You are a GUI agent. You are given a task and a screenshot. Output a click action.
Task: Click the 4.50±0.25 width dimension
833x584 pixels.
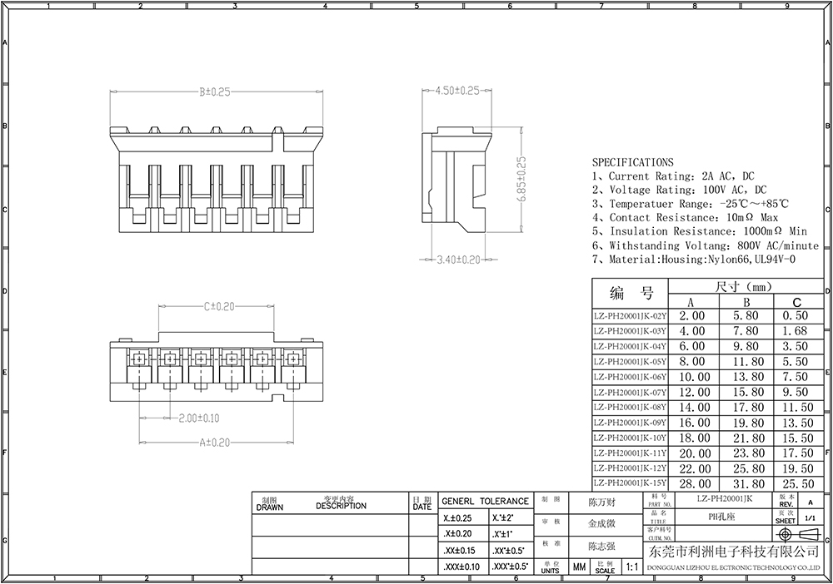pyautogui.click(x=457, y=91)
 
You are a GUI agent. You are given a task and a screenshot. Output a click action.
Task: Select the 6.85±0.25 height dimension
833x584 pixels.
pyautogui.click(x=522, y=181)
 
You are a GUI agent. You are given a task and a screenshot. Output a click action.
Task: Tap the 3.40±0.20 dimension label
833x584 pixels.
pyautogui.click(x=458, y=260)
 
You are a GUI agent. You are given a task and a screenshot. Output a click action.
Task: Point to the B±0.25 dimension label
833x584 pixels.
pyautogui.click(x=214, y=92)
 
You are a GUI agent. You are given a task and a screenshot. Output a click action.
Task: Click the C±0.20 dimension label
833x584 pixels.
pyautogui.click(x=217, y=307)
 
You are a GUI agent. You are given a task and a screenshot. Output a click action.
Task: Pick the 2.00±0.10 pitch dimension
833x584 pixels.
pyautogui.click(x=198, y=418)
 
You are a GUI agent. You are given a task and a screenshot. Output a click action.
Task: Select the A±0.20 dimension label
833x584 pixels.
pyautogui.click(x=214, y=443)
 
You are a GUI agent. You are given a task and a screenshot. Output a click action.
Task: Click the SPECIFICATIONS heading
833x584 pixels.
pyautogui.click(x=632, y=162)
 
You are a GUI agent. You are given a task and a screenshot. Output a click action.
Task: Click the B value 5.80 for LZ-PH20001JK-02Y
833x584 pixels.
pyautogui.click(x=745, y=316)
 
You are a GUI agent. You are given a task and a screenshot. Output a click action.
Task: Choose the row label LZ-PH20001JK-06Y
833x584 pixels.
pyautogui.click(x=630, y=377)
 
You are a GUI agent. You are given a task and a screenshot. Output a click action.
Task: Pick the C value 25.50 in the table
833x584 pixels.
pyautogui.click(x=797, y=483)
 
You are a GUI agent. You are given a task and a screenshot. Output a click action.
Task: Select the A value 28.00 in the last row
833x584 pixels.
pyautogui.click(x=692, y=483)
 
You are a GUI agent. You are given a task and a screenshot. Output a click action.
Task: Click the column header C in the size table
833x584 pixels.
pyautogui.click(x=797, y=302)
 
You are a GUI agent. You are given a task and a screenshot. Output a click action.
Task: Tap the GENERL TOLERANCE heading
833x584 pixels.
pyautogui.click(x=485, y=502)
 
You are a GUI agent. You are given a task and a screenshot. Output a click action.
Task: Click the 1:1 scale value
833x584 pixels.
pyautogui.click(x=631, y=567)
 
